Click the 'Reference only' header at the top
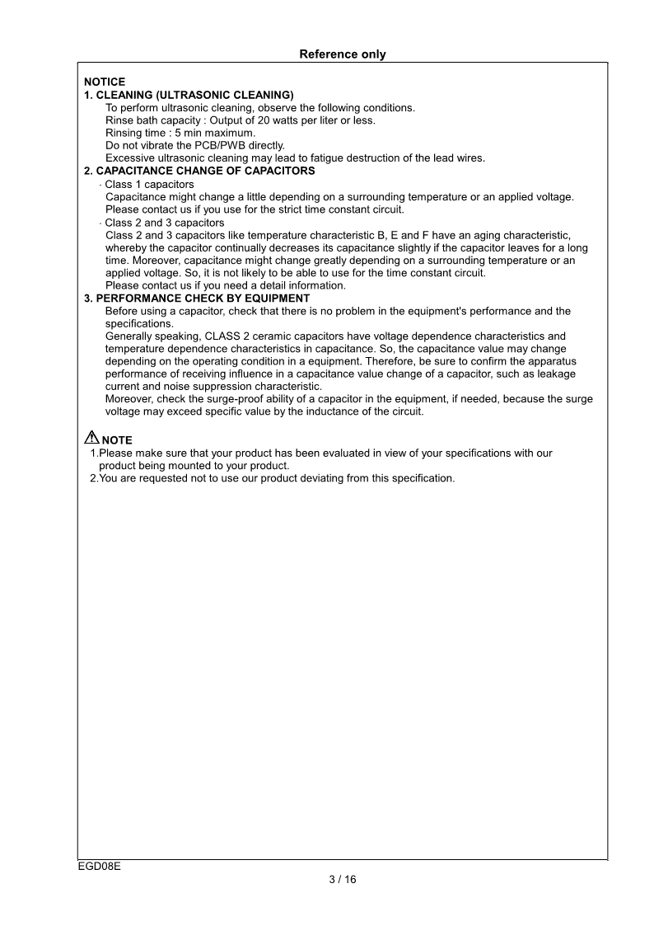(342, 54)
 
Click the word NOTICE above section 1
(105, 82)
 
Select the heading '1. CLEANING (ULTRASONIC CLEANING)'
(189, 95)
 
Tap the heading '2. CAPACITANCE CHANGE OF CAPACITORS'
(199, 171)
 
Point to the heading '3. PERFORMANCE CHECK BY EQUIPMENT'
(197, 298)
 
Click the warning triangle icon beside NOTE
(91, 439)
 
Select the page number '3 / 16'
(343, 879)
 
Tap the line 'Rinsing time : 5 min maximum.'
(180, 133)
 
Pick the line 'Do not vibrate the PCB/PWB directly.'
(195, 145)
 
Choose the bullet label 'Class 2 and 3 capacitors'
(164, 223)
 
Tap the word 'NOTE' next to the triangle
(117, 440)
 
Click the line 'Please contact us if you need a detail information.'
(226, 286)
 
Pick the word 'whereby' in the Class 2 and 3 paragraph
(126, 248)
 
